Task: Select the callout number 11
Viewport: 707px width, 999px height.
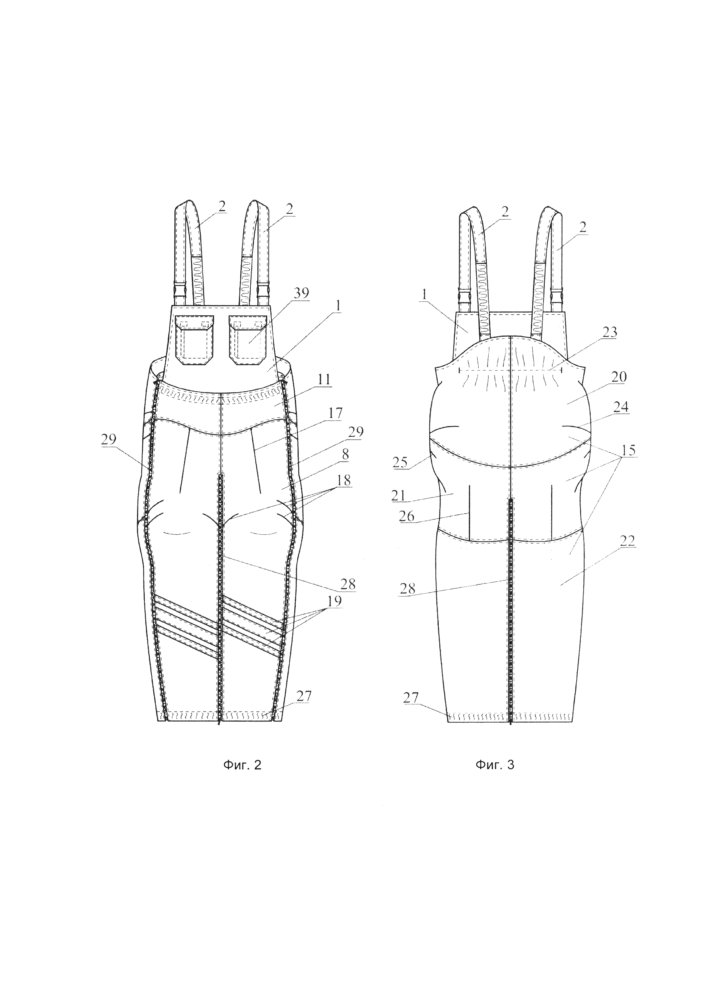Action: click(x=323, y=380)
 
